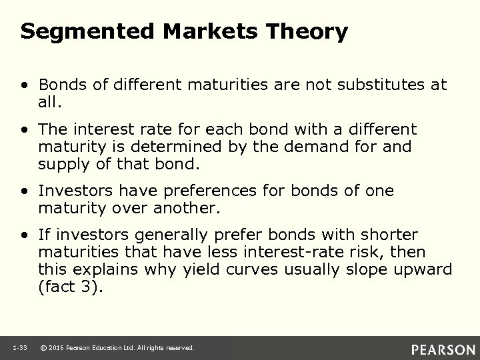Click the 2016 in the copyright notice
[x=57, y=348]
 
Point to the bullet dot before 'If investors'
[x=25, y=235]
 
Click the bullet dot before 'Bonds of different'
[x=25, y=85]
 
